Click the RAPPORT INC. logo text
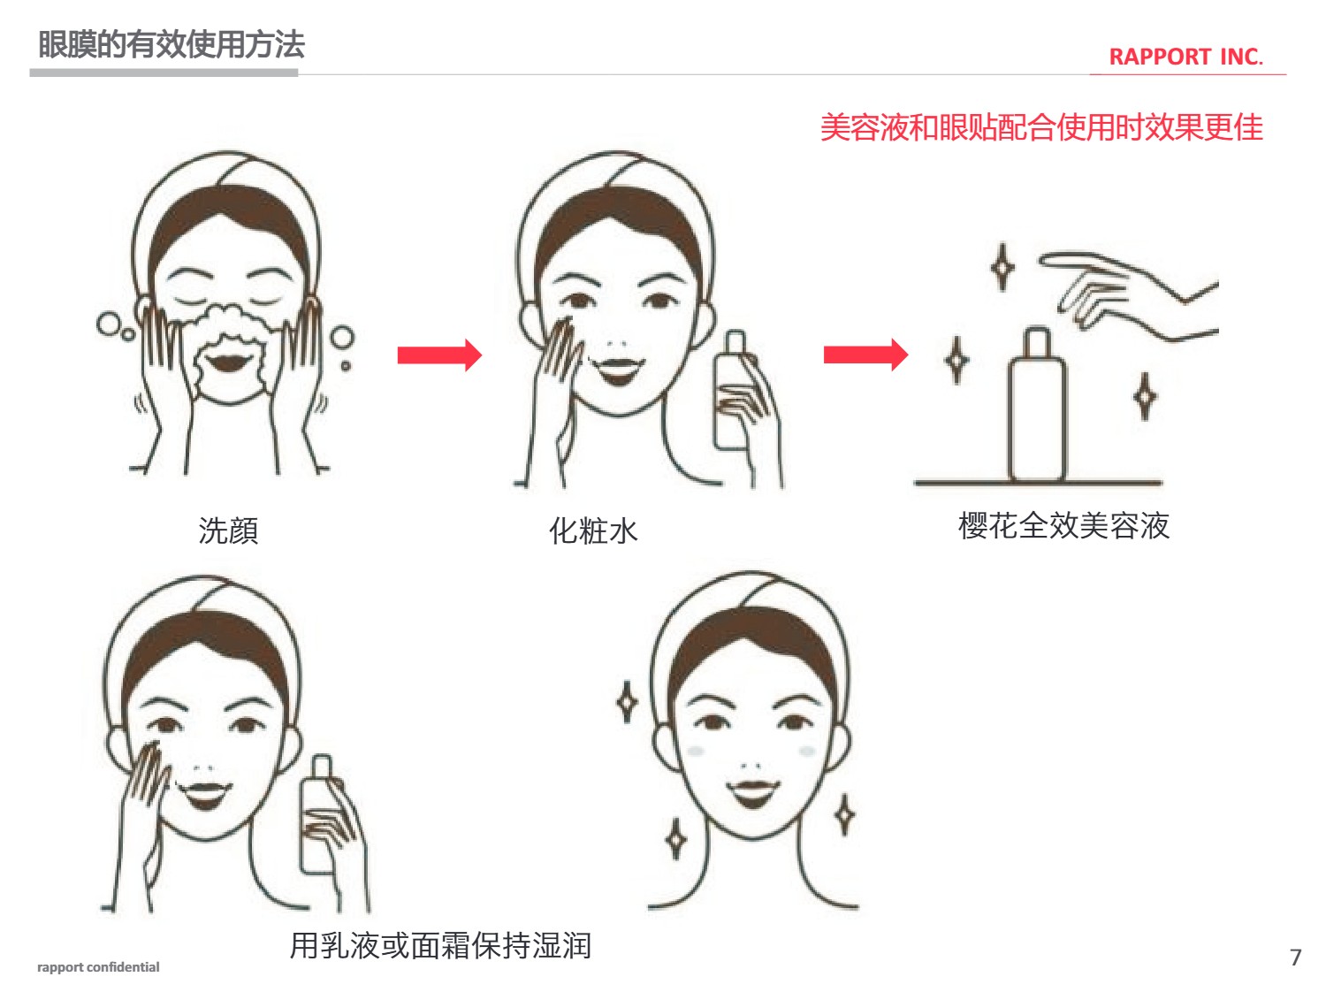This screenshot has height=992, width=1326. point(1185,57)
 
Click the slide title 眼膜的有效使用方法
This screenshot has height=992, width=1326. point(171,45)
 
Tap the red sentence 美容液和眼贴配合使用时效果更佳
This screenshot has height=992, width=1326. point(1041,127)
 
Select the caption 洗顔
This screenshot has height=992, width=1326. point(228,531)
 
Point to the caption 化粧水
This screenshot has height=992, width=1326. point(593,531)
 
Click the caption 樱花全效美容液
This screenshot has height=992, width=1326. point(1063,525)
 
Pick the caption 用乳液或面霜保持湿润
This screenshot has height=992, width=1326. point(440,945)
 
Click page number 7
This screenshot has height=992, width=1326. point(1295,958)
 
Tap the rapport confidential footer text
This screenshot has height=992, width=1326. point(98,967)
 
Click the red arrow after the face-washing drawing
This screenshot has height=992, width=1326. point(439,355)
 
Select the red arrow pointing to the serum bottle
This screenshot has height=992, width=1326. point(865,355)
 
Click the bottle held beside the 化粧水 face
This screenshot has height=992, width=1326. point(733,390)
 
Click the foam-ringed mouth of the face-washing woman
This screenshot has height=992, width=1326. point(226,362)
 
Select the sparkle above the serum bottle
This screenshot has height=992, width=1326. point(1002,267)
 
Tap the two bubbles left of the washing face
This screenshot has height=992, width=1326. point(115,327)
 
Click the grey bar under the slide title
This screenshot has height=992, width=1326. point(164,73)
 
